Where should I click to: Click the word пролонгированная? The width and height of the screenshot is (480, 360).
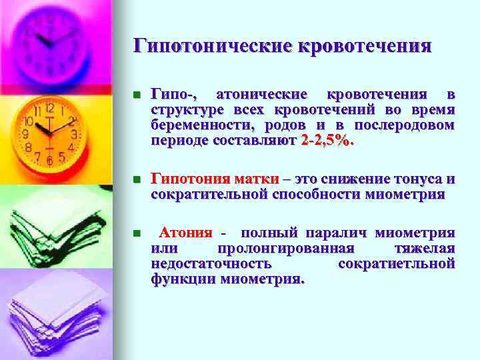point(294,249)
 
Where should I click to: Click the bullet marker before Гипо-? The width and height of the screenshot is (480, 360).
point(137,94)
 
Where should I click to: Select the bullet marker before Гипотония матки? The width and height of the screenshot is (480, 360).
point(137,180)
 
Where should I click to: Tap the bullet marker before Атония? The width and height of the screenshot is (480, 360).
point(137,234)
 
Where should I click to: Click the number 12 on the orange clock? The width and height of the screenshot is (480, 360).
point(49,108)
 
